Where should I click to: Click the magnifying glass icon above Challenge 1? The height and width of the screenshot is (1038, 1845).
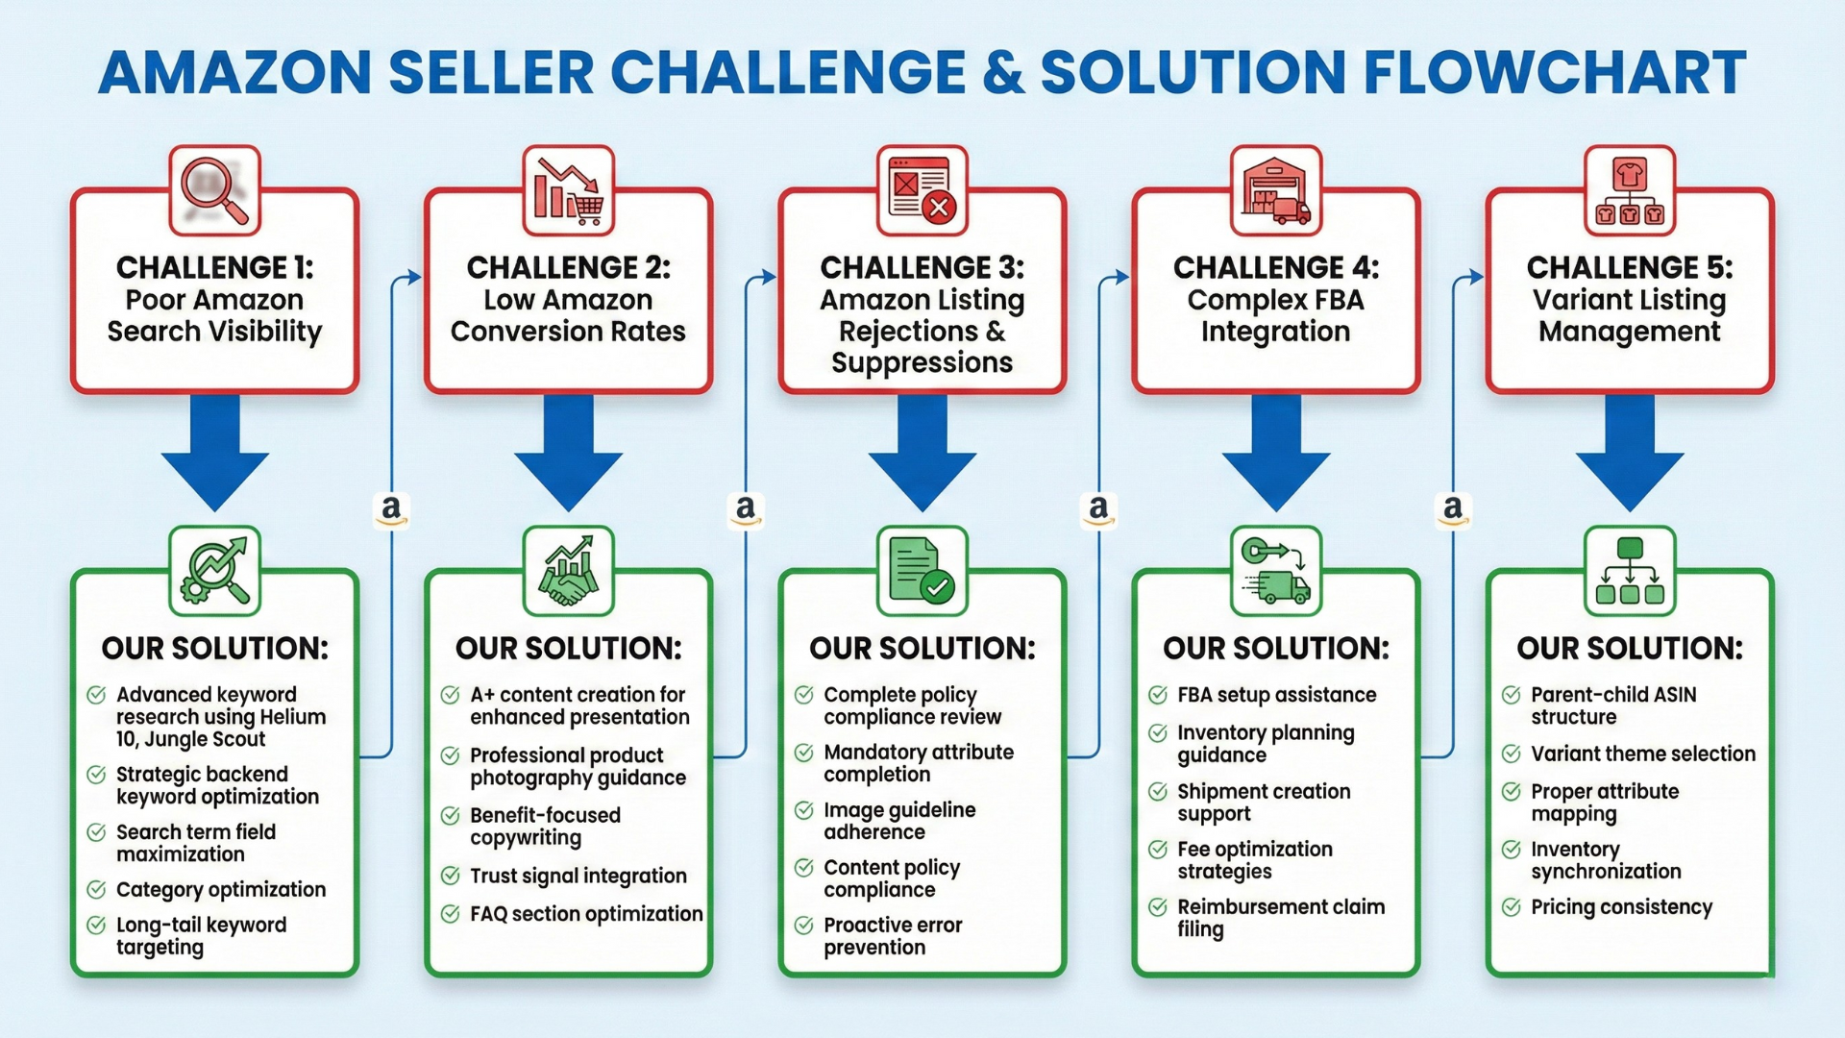[215, 189]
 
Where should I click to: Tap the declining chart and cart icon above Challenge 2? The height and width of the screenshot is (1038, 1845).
[569, 189]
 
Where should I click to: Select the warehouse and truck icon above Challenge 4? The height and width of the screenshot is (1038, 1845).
[1276, 189]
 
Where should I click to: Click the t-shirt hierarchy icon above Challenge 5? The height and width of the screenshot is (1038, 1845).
[1630, 189]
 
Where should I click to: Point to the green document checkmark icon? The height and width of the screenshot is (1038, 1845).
[922, 571]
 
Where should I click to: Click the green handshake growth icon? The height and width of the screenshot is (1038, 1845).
[569, 571]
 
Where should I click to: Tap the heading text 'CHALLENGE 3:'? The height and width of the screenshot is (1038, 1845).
[922, 267]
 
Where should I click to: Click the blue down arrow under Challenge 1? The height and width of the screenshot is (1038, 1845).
[215, 452]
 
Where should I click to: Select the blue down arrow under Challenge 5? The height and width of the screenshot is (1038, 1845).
[1630, 452]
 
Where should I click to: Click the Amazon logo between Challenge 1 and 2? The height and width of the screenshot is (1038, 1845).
[391, 508]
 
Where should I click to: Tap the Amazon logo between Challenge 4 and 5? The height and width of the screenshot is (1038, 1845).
[1453, 508]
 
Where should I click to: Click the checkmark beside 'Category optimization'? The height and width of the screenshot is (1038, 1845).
[96, 889]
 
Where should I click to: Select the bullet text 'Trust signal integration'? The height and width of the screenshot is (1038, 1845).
[578, 876]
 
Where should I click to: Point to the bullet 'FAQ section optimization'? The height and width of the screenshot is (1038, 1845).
[586, 913]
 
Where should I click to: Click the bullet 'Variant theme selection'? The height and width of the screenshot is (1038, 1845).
[1643, 754]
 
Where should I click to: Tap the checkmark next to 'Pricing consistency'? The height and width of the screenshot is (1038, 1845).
[1512, 906]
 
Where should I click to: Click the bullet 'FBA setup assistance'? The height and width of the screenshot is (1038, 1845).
[1276, 694]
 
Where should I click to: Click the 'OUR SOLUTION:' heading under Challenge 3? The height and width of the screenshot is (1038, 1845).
[922, 648]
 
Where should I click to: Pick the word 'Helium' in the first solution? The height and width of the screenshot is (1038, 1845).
[291, 717]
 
